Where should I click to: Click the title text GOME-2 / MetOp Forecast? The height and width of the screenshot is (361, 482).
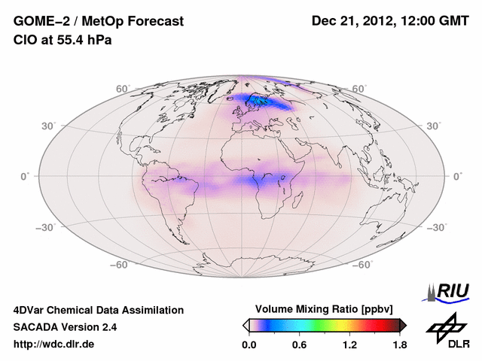tap(99, 21)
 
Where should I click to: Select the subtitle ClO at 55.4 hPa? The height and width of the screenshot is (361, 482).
tap(63, 40)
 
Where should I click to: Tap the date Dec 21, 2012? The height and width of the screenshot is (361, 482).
tap(353, 21)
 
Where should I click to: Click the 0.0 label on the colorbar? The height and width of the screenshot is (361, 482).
tap(249, 345)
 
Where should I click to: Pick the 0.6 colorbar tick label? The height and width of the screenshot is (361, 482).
tap(299, 345)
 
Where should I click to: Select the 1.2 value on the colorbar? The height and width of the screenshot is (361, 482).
tap(349, 345)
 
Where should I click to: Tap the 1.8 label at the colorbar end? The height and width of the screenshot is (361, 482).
tap(399, 345)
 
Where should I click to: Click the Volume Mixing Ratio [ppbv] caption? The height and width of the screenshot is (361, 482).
tap(325, 309)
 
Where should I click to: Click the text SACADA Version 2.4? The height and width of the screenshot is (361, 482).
tap(65, 327)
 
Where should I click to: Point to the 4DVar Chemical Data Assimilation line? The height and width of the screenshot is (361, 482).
tap(98, 310)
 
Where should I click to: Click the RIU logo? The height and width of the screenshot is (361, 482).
tap(449, 292)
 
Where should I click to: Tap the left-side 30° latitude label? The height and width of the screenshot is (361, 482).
tap(48, 126)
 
